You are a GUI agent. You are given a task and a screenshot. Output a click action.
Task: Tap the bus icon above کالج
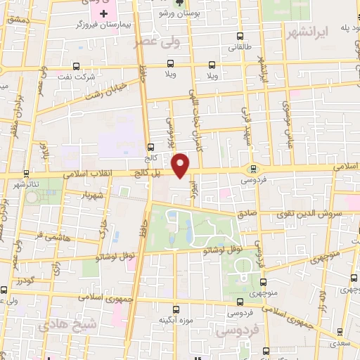pos(150,148)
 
